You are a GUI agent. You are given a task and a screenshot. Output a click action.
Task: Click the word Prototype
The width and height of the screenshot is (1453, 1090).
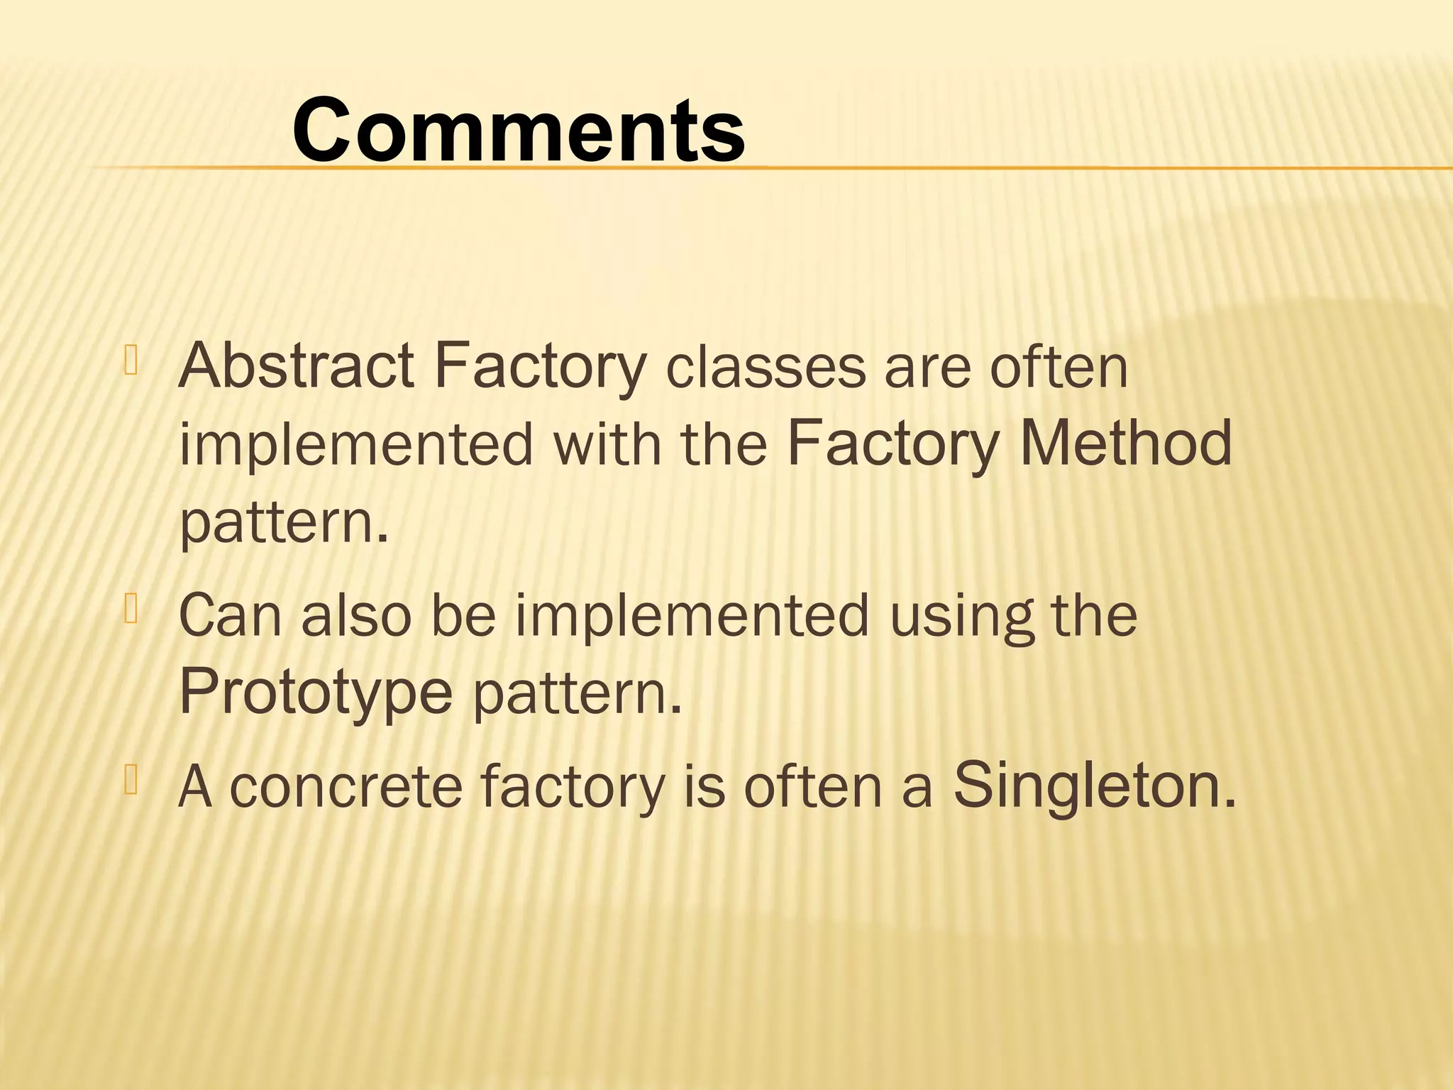tap(316, 692)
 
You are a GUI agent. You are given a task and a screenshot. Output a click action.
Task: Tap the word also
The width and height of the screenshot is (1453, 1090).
tap(356, 615)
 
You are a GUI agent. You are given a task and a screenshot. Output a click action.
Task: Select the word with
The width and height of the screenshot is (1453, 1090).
tap(607, 445)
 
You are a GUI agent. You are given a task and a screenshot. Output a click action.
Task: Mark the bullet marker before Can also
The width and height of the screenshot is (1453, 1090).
tap(131, 609)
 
